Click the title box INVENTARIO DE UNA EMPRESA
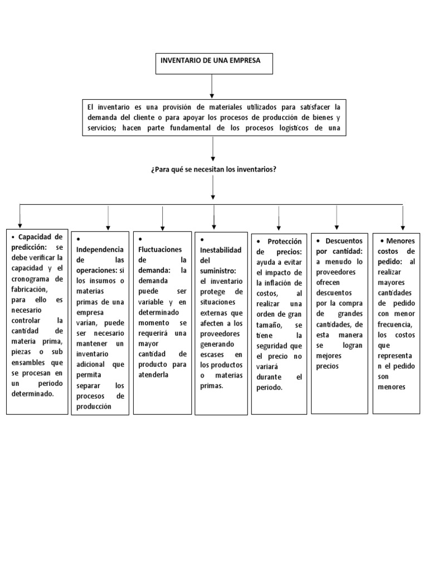pyautogui.click(x=214, y=63)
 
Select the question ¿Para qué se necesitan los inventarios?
pyautogui.click(x=213, y=169)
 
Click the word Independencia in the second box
pyautogui.click(x=100, y=249)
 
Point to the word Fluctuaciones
pyautogui.click(x=160, y=249)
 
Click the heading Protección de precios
pyautogui.click(x=279, y=246)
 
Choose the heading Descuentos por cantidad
pyautogui.click(x=339, y=246)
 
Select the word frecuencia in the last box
pyautogui.click(x=395, y=324)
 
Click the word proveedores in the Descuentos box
pyautogui.click(x=335, y=271)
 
